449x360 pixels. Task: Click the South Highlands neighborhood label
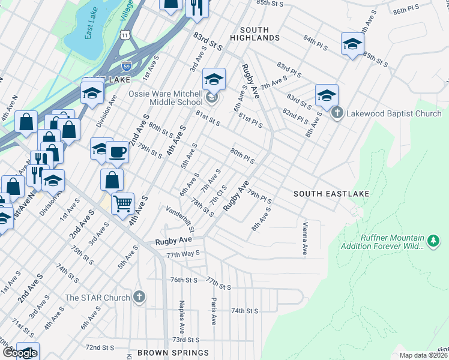pyautogui.click(x=259, y=34)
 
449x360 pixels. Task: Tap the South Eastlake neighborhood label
pyautogui.click(x=331, y=194)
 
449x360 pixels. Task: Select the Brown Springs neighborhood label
pyautogui.click(x=173, y=353)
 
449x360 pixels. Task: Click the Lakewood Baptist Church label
pyautogui.click(x=393, y=113)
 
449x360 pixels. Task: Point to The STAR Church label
pyautogui.click(x=97, y=298)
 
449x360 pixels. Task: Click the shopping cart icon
pyautogui.click(x=123, y=204)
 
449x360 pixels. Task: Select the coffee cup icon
pyautogui.click(x=118, y=152)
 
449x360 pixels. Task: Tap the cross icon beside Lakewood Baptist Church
pyautogui.click(x=337, y=113)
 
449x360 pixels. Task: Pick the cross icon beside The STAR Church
pyautogui.click(x=139, y=297)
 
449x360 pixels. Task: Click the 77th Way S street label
pyautogui.click(x=182, y=254)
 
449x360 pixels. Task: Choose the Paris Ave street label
pyautogui.click(x=213, y=311)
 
